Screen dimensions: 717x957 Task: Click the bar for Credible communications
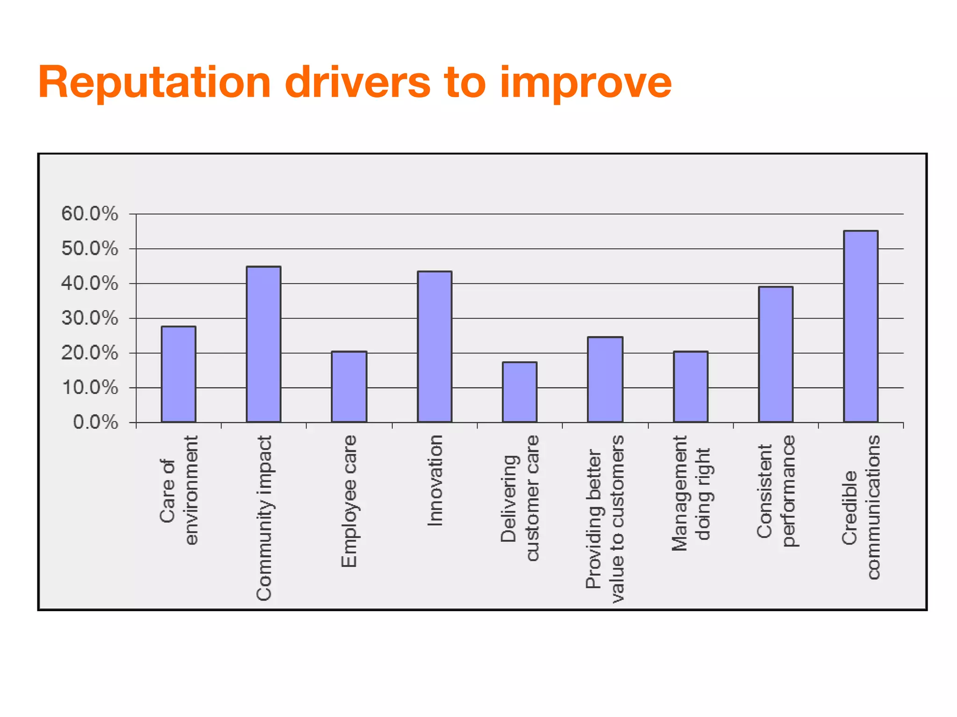tap(860, 326)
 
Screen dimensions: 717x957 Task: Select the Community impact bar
tap(264, 344)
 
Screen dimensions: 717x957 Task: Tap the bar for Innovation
tap(434, 346)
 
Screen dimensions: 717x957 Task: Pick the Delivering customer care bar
tap(520, 392)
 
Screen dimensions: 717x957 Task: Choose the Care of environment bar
tap(179, 374)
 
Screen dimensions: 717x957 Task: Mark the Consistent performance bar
tap(776, 354)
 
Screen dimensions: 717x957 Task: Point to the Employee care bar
tap(349, 387)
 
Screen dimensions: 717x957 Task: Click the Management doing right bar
tap(690, 387)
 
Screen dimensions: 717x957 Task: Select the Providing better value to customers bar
tap(605, 380)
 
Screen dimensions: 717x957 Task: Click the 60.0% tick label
tap(90, 214)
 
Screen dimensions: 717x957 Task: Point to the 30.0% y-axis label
tap(90, 318)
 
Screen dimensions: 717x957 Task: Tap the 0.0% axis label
tap(96, 422)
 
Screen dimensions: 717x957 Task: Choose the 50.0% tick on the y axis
tap(90, 249)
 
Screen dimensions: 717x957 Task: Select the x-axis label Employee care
tap(349, 501)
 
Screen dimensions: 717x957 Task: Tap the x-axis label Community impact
tap(264, 518)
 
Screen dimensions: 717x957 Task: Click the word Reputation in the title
tap(155, 83)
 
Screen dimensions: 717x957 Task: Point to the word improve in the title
tap(585, 83)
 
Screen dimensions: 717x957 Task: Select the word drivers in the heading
tap(357, 83)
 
